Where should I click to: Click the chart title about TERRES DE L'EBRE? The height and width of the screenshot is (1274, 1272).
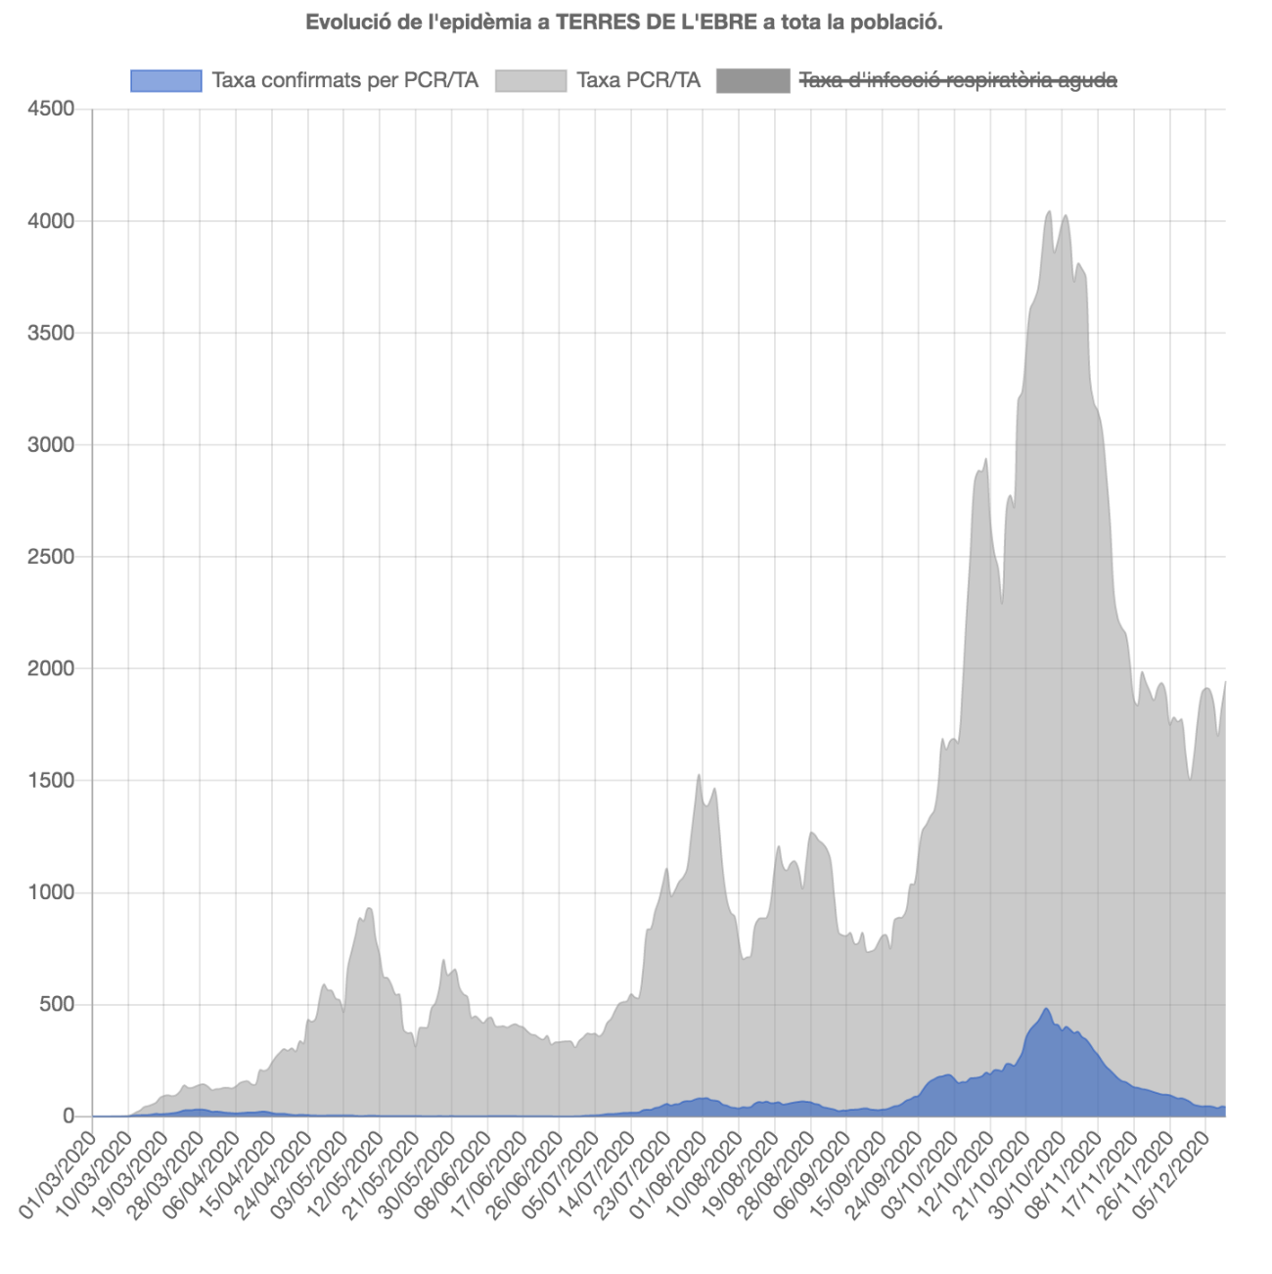pyautogui.click(x=624, y=23)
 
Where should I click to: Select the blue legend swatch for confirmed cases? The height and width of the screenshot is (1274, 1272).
pyautogui.click(x=165, y=81)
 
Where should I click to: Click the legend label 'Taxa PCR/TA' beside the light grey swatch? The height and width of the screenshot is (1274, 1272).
pyautogui.click(x=638, y=81)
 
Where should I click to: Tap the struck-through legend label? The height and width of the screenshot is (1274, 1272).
pyautogui.click(x=958, y=81)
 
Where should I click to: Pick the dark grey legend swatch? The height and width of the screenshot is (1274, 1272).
pyautogui.click(x=752, y=81)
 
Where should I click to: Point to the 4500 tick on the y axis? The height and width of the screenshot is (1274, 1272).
pyautogui.click(x=51, y=109)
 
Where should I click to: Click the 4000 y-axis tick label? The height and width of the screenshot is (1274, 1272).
pyautogui.click(x=51, y=221)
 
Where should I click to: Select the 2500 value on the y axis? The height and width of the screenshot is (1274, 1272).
pyautogui.click(x=51, y=557)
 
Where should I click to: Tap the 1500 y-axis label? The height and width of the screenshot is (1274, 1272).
pyautogui.click(x=51, y=781)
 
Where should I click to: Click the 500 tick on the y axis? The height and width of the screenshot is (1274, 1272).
pyautogui.click(x=56, y=1005)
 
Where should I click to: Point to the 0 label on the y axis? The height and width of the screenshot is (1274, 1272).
pyautogui.click(x=68, y=1116)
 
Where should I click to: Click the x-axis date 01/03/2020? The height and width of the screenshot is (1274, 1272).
pyautogui.click(x=59, y=1174)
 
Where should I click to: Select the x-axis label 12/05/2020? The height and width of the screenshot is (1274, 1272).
pyautogui.click(x=347, y=1174)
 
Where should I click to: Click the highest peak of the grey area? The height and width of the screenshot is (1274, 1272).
pyautogui.click(x=1049, y=211)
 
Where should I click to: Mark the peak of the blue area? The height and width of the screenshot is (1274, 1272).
pyautogui.click(x=1046, y=1009)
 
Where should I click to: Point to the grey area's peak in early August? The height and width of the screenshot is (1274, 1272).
pyautogui.click(x=699, y=775)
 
